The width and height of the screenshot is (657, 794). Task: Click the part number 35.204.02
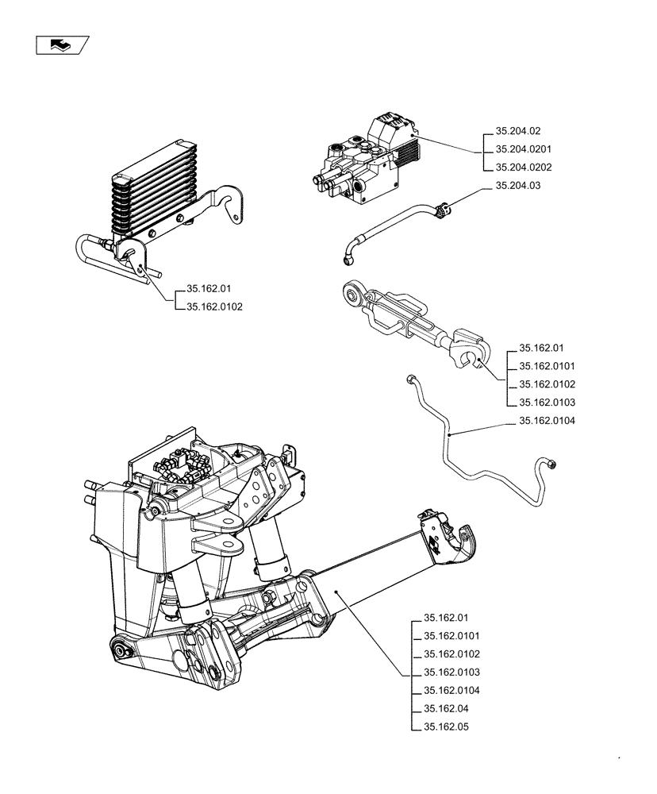point(517,131)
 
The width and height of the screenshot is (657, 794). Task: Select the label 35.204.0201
point(523,149)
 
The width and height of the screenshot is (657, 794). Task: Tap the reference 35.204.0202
point(523,168)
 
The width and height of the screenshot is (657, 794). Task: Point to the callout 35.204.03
point(517,186)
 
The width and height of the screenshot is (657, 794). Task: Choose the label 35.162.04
point(446,709)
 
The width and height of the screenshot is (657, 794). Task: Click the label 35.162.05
point(446,727)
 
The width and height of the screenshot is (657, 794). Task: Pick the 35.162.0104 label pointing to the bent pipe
point(547,422)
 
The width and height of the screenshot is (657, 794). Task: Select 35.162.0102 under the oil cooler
point(214,307)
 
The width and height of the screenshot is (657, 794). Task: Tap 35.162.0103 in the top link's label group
point(547,403)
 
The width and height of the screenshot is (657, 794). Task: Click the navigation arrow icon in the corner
point(61,46)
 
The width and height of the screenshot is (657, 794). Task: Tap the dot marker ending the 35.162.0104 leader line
point(449,436)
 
